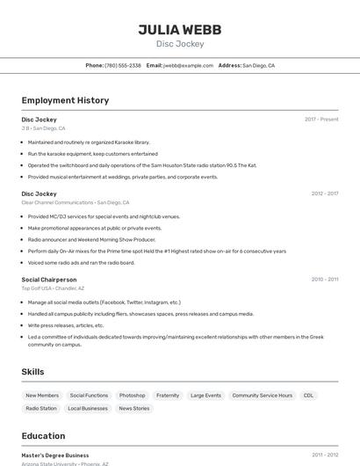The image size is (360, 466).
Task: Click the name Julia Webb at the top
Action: click(x=180, y=30)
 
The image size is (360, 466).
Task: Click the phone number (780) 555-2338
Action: click(x=123, y=66)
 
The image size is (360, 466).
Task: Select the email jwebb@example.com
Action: click(x=189, y=66)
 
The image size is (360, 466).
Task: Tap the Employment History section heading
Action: click(x=65, y=100)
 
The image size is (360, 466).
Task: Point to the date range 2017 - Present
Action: click(x=321, y=120)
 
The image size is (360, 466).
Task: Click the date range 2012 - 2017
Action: click(x=325, y=193)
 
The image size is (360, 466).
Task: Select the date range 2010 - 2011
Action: click(x=325, y=280)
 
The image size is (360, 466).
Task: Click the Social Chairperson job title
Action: click(x=49, y=280)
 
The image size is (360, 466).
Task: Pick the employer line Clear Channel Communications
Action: click(x=58, y=202)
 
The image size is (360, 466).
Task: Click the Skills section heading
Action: click(x=33, y=372)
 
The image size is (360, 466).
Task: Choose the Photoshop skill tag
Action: click(x=133, y=396)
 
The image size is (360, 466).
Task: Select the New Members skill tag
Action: click(x=42, y=396)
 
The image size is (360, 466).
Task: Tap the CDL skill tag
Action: click(x=309, y=396)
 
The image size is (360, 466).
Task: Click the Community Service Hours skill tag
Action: click(x=263, y=396)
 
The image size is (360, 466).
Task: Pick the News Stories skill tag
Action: click(x=134, y=409)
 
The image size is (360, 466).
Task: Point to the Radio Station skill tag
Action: click(x=41, y=409)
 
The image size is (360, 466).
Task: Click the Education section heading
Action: click(x=43, y=436)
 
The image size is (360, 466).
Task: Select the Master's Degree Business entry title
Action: click(x=55, y=455)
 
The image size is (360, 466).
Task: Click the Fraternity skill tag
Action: click(x=168, y=396)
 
